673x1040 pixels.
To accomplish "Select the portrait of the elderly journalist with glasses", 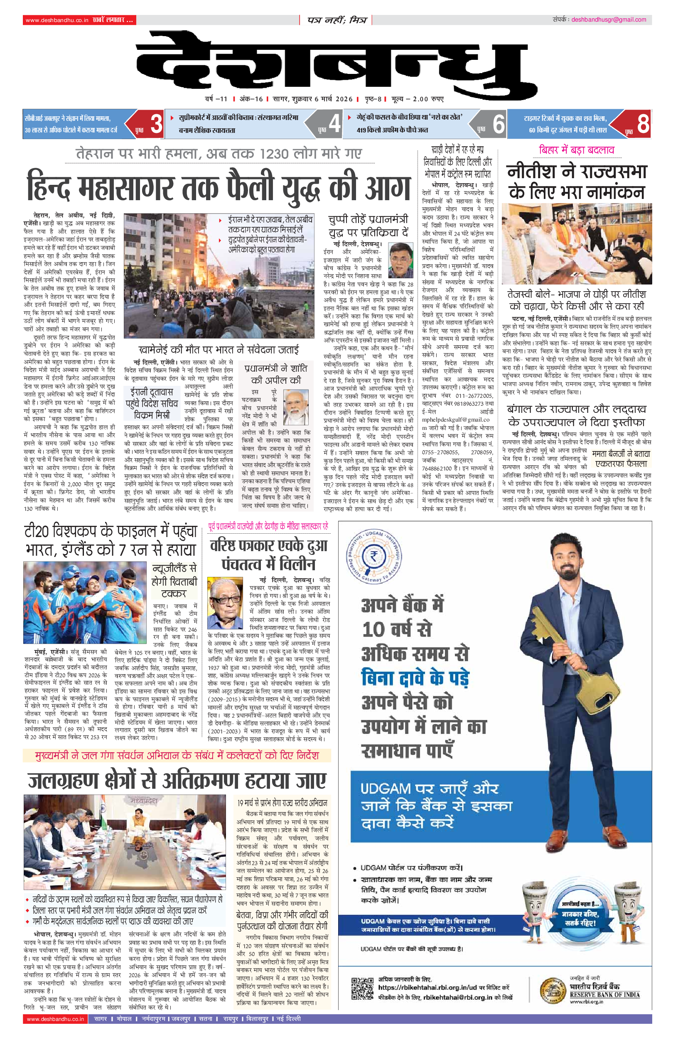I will tap(225, 603).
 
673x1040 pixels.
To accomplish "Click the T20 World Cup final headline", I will tap(111, 540).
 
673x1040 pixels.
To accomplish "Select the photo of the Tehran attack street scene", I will tap(219, 276).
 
